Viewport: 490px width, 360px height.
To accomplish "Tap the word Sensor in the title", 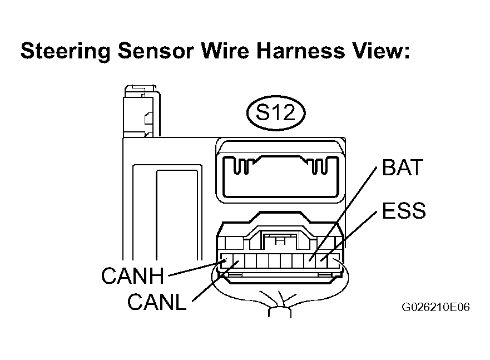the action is coord(156,51).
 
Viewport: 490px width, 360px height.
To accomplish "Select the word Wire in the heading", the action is coord(225,51).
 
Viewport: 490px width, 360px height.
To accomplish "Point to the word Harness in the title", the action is coord(301,51).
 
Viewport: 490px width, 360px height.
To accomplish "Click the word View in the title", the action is coord(381,51).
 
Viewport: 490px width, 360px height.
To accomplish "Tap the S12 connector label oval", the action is coord(276,113).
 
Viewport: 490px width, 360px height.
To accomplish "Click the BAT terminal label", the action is coord(403,167).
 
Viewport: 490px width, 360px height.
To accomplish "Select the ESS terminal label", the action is coord(404,210).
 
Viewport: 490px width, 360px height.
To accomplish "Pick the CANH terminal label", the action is coord(132,275).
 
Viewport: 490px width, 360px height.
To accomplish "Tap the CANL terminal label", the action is coord(157,302).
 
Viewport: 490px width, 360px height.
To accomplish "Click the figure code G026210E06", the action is coord(435,307).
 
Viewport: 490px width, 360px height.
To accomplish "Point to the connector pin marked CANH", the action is coord(226,260).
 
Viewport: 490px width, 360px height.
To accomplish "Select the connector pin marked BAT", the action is coord(310,260).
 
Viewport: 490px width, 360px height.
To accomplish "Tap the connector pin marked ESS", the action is coord(321,260).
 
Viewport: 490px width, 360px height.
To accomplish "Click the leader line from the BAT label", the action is coord(343,214).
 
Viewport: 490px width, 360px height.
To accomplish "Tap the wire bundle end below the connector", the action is coord(280,312).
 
